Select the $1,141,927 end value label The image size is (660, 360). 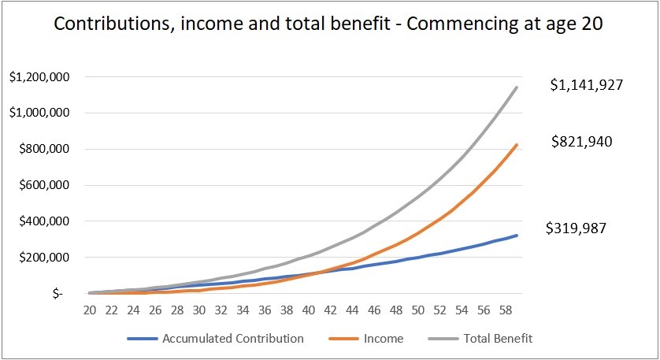click(587, 85)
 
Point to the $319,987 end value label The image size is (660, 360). click(577, 228)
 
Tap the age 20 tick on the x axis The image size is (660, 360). click(91, 310)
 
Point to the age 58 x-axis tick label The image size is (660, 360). click(504, 310)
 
